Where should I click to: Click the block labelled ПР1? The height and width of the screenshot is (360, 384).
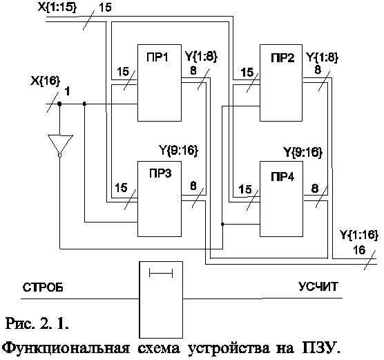pos(160,83)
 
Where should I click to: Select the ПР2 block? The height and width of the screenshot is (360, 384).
pos(281,83)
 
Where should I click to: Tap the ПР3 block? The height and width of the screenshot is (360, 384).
pos(160,199)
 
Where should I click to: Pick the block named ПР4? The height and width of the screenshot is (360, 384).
pos(281,199)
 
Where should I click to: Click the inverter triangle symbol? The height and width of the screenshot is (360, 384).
pos(60,145)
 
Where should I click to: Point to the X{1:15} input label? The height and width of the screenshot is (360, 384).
pos(57,7)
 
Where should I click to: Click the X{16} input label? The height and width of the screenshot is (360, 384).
pos(46,81)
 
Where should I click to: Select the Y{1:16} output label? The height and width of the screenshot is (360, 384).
pos(359,235)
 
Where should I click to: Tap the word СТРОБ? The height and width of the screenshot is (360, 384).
pos(43,287)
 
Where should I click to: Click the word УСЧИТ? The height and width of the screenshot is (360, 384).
pos(318,286)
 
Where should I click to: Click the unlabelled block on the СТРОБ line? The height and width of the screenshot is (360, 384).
pos(161,300)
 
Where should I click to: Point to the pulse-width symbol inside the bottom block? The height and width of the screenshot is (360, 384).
pos(161,273)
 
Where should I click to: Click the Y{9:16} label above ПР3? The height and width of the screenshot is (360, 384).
pos(178,150)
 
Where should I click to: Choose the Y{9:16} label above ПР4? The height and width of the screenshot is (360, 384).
pos(303,152)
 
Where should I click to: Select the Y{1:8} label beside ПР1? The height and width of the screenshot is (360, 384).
pos(201,57)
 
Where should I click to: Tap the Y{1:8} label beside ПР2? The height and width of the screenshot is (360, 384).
pos(323,57)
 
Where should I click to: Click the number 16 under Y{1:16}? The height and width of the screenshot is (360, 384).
pos(359,250)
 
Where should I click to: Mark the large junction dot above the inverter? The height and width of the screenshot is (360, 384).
pos(59,104)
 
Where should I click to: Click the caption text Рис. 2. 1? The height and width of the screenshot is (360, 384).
pos(37,323)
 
